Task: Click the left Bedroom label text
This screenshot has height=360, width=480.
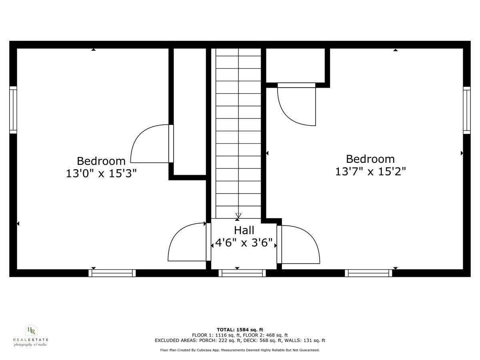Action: coord(101,161)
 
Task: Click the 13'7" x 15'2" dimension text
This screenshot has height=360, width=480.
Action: coord(370,172)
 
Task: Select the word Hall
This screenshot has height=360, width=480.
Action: coord(244,230)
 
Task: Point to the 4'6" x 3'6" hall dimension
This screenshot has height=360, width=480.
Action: coord(244,243)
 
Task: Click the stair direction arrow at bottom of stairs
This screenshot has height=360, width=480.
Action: coord(238,216)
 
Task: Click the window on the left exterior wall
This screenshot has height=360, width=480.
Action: coord(13,110)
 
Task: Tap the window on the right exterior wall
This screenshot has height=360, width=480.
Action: coord(467,110)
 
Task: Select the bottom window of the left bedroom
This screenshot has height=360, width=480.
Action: coord(112,273)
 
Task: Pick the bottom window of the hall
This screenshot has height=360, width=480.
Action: coord(242,273)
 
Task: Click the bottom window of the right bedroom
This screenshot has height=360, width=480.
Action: coord(368,273)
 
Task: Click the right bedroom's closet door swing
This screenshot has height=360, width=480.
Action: coord(296,106)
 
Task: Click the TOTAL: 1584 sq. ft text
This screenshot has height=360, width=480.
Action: coord(240,330)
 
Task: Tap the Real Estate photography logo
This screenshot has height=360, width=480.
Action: coord(31,335)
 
